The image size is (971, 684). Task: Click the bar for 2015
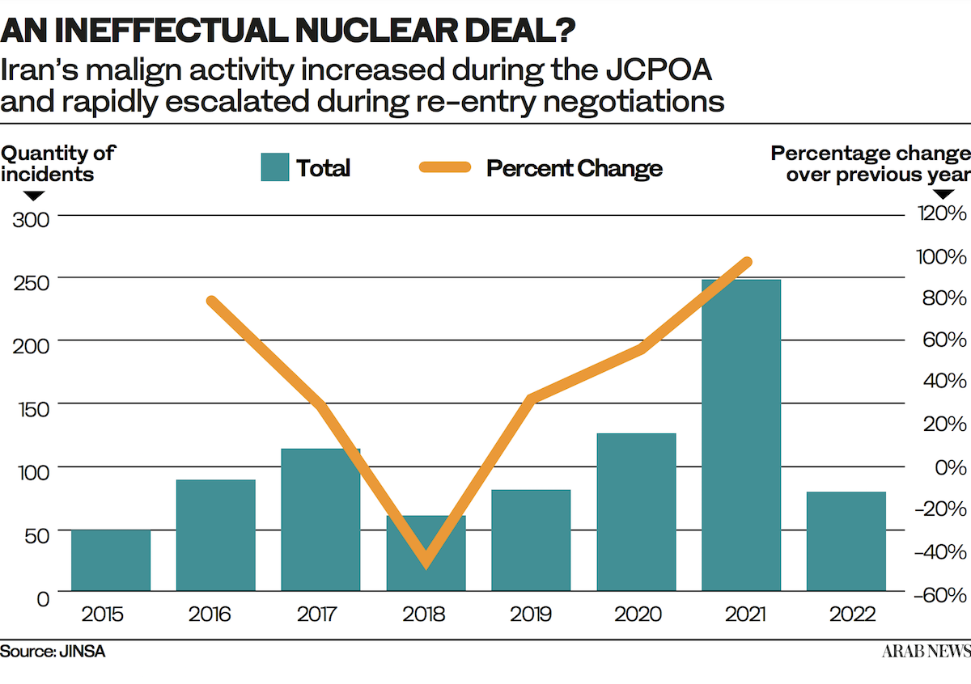pos(111,560)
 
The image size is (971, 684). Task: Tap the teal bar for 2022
pos(846,541)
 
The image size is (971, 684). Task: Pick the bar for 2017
pos(320,519)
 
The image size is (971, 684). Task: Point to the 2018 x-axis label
pos(426,614)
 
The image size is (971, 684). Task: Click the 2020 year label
pos(636,614)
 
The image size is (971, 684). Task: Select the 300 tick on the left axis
pos(30,218)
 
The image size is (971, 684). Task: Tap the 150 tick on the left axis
pos(30,407)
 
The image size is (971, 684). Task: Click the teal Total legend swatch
pos(275,168)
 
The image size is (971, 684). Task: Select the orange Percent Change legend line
pos(444,168)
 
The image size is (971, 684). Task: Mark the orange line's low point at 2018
pos(426,562)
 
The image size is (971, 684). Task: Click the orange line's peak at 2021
pos(747,262)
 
